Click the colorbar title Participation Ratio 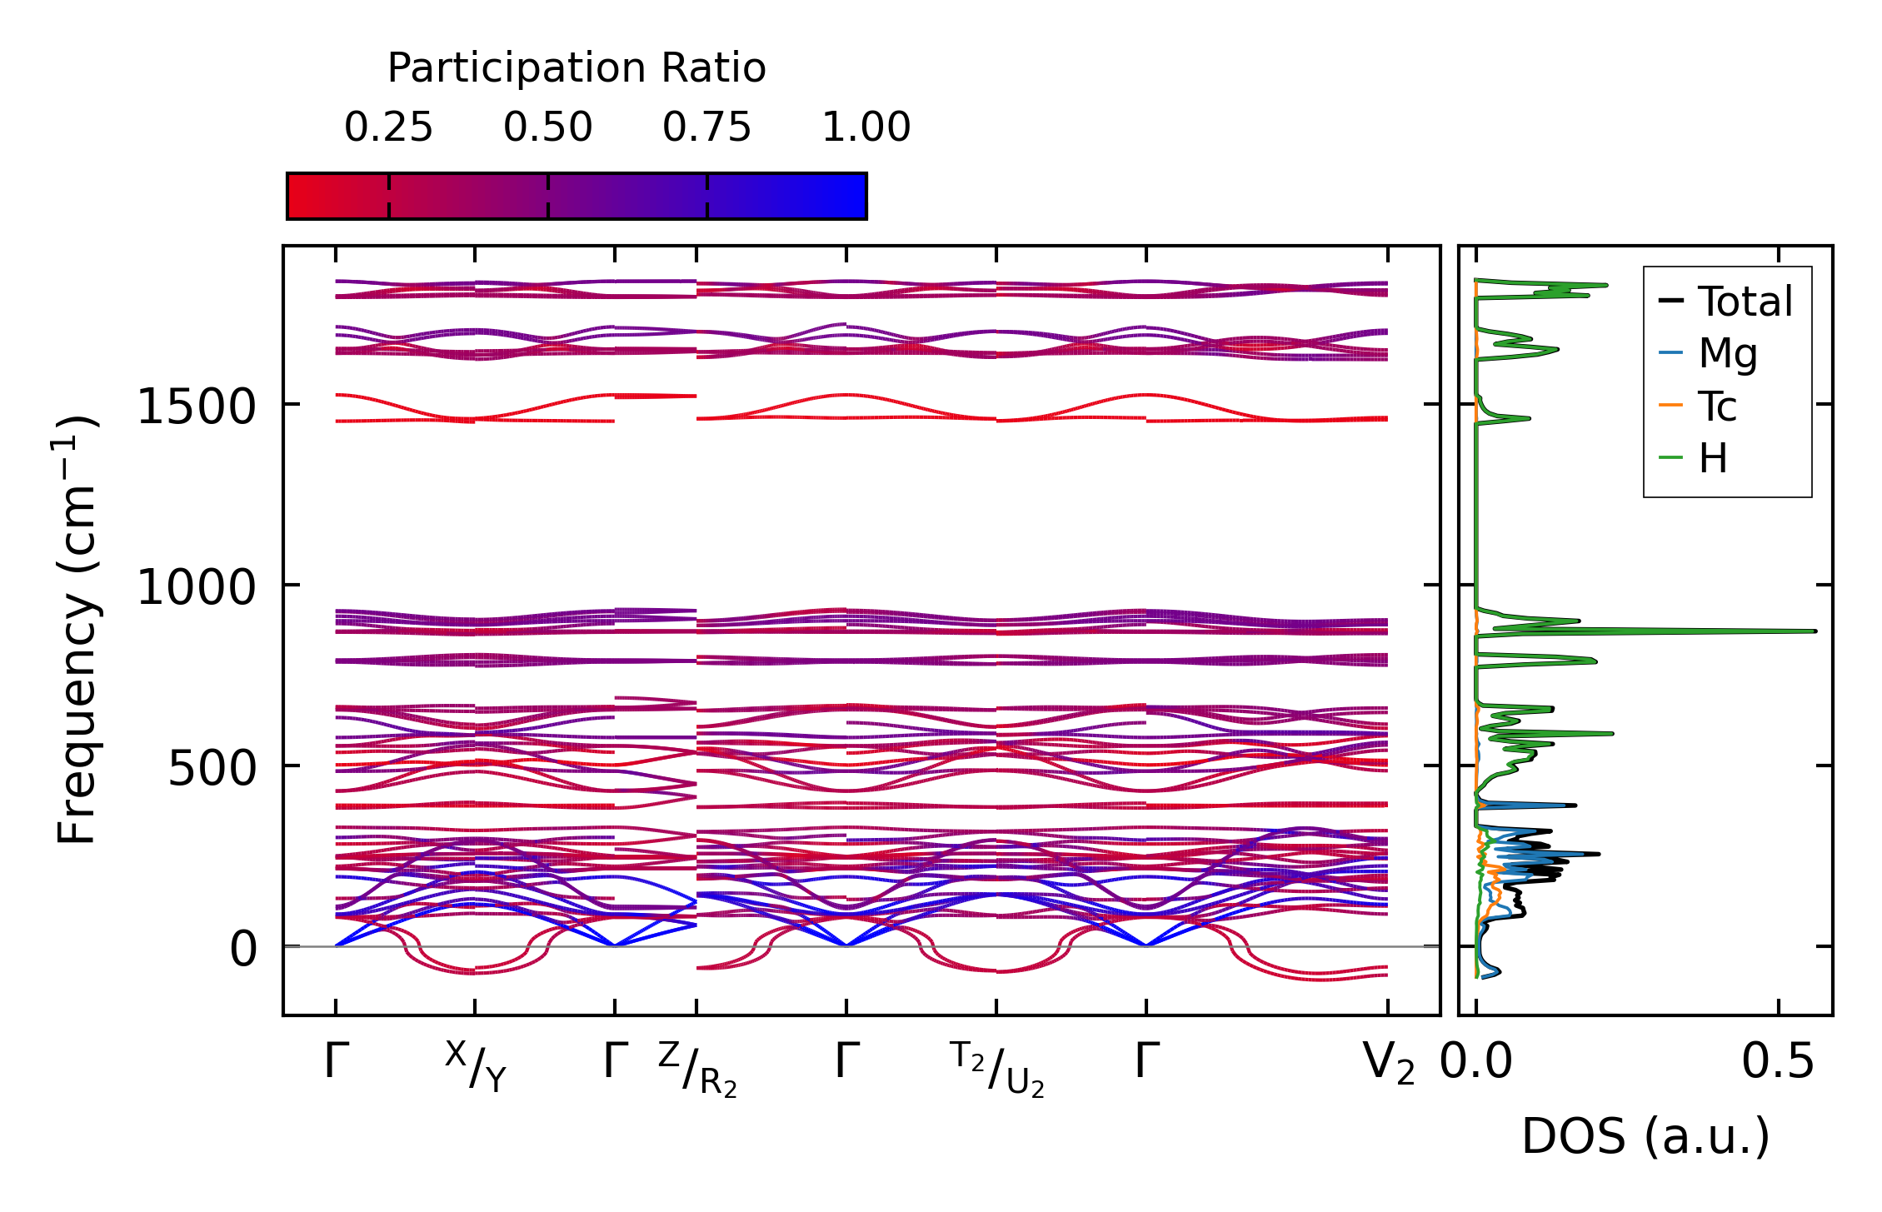577,68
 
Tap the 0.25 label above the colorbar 388,127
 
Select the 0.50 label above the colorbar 547,127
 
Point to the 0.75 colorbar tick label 706,127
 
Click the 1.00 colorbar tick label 866,127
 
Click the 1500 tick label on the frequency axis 196,407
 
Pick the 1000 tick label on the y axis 196,587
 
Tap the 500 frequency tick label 212,768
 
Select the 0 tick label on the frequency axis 243,949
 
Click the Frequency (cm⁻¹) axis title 77,630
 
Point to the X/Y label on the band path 475,1065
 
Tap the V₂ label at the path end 1388,1064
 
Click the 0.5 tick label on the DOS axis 1777,1063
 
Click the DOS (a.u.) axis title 1645,1136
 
